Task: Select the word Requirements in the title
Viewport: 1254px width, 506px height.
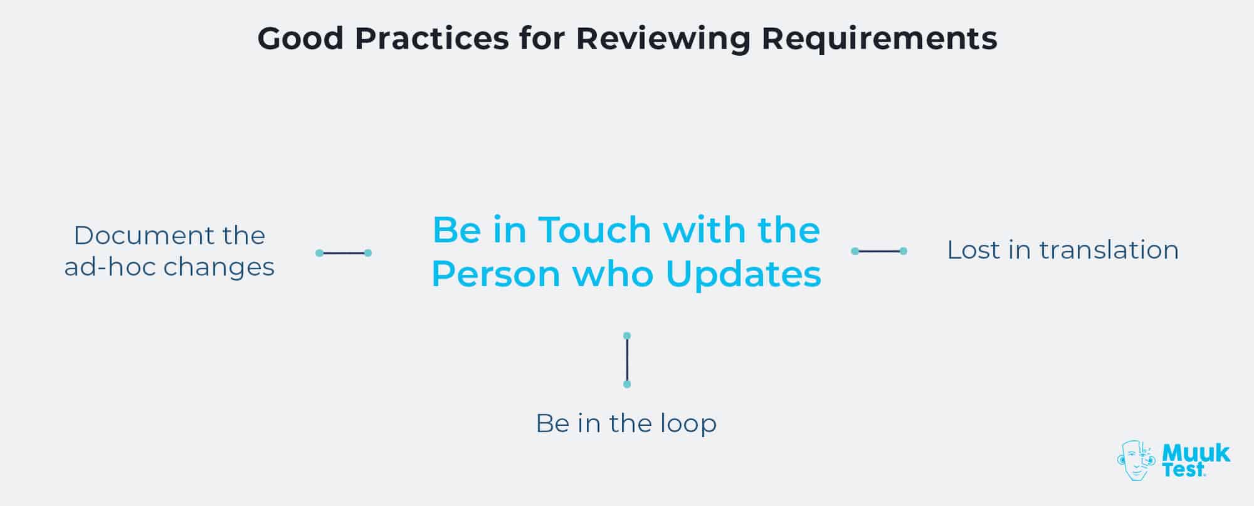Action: coord(879,39)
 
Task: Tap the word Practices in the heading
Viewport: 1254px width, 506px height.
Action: coord(431,39)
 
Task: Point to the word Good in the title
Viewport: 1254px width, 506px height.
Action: coord(300,39)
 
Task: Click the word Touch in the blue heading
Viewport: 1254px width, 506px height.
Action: coord(595,230)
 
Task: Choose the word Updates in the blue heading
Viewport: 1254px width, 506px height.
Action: coord(743,274)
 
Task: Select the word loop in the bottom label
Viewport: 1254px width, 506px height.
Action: coord(688,423)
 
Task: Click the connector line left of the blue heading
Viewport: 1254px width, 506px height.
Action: coord(344,253)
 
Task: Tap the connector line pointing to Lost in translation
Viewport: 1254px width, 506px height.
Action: coord(879,251)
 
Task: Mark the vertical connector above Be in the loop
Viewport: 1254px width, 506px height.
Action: coord(627,360)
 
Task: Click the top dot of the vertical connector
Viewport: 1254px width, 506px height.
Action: coord(627,336)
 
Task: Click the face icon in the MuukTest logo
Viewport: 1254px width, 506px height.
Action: coord(1135,461)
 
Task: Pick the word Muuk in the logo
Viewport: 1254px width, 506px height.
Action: coord(1196,453)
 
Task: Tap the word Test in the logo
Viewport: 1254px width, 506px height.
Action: coord(1183,470)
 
